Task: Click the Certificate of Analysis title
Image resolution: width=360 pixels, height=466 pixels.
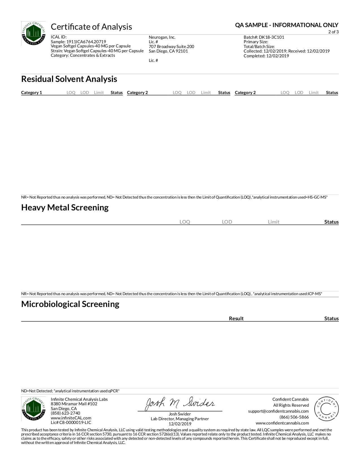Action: pyautogui.click(x=91, y=27)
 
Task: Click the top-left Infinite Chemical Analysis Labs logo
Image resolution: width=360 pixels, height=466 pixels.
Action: pyautogui.click(x=33, y=34)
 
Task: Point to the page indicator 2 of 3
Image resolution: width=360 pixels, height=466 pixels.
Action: pyautogui.click(x=333, y=32)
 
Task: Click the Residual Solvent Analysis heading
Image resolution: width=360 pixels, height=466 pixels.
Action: pyautogui.click(x=69, y=79)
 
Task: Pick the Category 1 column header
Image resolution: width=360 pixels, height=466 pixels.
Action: pyautogui.click(x=32, y=93)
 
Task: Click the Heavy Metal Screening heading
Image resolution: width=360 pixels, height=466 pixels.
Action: pyautogui.click(x=65, y=208)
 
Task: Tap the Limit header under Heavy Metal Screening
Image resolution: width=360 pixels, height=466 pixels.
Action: pyautogui.click(x=274, y=222)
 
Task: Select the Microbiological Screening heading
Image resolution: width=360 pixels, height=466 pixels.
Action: pyautogui.click(x=70, y=304)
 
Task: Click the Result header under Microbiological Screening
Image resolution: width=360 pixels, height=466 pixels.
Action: pyautogui.click(x=236, y=319)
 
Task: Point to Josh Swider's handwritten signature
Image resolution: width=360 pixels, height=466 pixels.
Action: pyautogui.click(x=180, y=404)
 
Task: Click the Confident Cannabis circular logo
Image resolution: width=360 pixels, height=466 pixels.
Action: pyautogui.click(x=326, y=409)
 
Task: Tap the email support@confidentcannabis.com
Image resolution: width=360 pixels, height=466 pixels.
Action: pyautogui.click(x=278, y=411)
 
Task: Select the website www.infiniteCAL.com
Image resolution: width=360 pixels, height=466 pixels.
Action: pyautogui.click(x=71, y=418)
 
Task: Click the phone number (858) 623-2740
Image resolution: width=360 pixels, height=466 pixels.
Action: pyautogui.click(x=66, y=413)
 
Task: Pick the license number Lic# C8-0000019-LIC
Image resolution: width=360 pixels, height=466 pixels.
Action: pyautogui.click(x=71, y=423)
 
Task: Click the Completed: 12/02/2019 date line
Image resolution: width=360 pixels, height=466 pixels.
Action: pyautogui.click(x=266, y=56)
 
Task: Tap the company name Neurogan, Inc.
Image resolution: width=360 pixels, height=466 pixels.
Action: pyautogui.click(x=162, y=37)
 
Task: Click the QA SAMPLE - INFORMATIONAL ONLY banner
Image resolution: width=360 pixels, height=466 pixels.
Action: pyautogui.click(x=287, y=25)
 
